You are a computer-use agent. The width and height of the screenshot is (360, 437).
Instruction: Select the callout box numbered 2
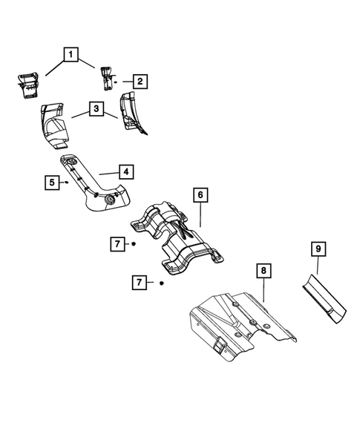(139, 81)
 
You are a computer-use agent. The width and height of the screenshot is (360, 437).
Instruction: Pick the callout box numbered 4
(126, 171)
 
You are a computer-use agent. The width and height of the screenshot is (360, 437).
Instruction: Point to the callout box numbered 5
(50, 181)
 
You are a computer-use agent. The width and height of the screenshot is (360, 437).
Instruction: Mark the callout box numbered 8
(264, 272)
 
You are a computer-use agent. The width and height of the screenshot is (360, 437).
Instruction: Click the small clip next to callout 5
(66, 180)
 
